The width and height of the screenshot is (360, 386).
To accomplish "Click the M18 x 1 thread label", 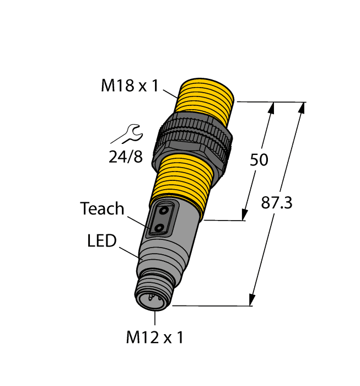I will point(129,85).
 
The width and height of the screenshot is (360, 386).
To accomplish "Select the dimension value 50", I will point(259,160).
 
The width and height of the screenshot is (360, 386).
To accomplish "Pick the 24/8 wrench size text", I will point(125,158).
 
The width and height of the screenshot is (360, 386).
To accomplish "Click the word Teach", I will point(103,209).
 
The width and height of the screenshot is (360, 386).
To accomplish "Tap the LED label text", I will point(102,241).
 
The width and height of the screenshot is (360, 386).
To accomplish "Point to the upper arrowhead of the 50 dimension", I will point(272,108).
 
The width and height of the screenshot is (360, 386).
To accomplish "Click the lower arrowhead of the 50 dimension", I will point(244,215).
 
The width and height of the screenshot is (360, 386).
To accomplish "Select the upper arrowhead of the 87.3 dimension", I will point(302,108).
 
